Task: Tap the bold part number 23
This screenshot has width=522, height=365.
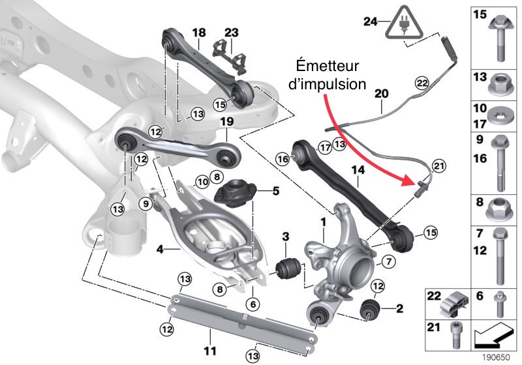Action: [232, 32]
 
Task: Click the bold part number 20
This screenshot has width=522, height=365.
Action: [383, 94]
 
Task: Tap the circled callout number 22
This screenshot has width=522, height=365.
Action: [422, 83]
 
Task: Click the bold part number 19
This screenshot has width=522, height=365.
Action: [226, 121]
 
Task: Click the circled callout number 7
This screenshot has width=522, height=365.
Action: [386, 262]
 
